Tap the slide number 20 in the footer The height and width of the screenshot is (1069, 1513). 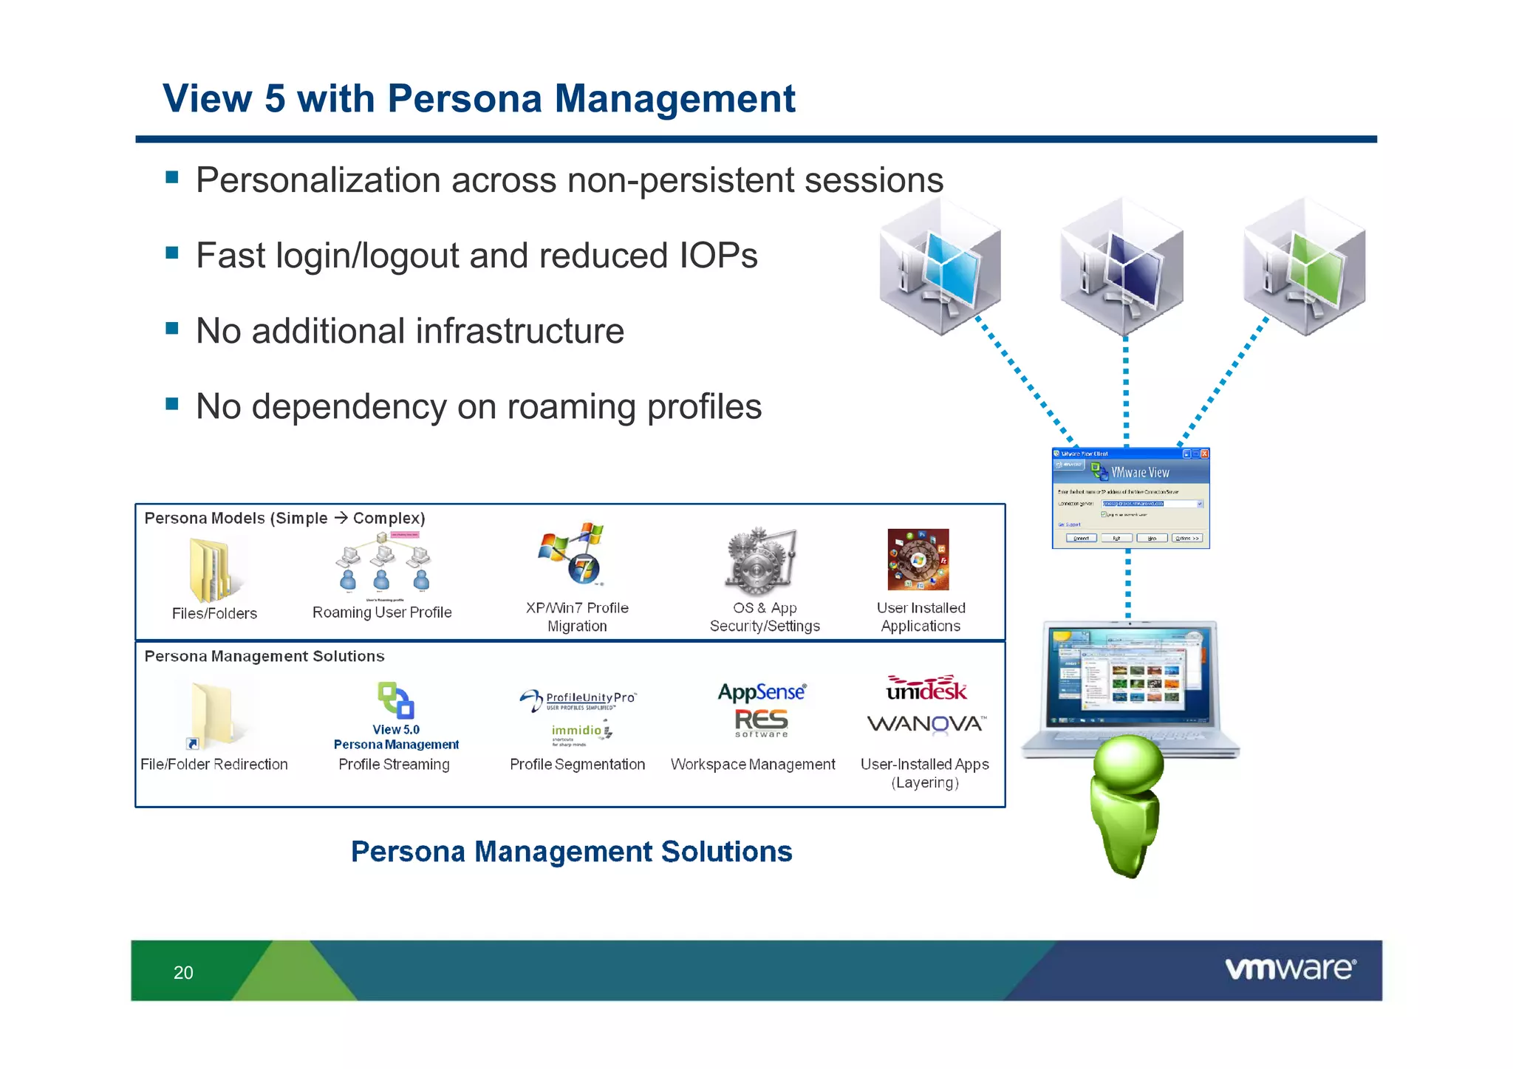tap(183, 972)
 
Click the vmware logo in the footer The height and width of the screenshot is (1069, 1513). tap(1290, 969)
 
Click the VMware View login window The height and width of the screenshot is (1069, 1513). tap(1130, 498)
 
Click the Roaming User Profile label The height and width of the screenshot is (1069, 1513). tap(382, 612)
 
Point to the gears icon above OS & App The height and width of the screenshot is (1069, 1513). tap(761, 561)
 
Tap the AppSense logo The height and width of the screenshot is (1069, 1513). tap(762, 692)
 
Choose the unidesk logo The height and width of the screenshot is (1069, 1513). tap(926, 689)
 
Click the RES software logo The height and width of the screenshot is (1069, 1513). tap(762, 723)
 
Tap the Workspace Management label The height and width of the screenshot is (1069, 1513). tap(753, 765)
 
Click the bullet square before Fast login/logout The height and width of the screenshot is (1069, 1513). tap(172, 253)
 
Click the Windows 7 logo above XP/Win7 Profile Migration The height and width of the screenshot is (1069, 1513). tap(584, 569)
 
